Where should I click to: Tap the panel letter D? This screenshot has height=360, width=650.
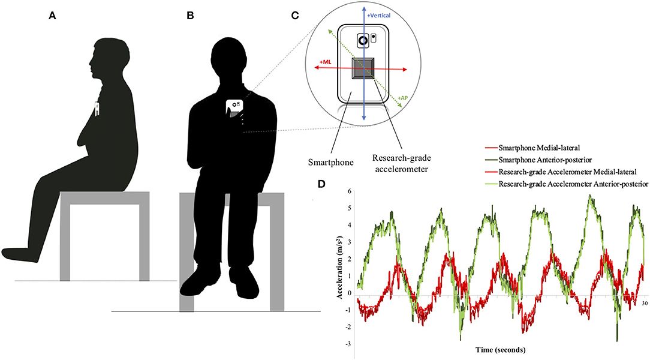coord(323,182)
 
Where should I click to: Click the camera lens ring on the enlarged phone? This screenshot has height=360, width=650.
coord(363,41)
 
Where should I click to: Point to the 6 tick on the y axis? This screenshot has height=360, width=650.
coord(350,191)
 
